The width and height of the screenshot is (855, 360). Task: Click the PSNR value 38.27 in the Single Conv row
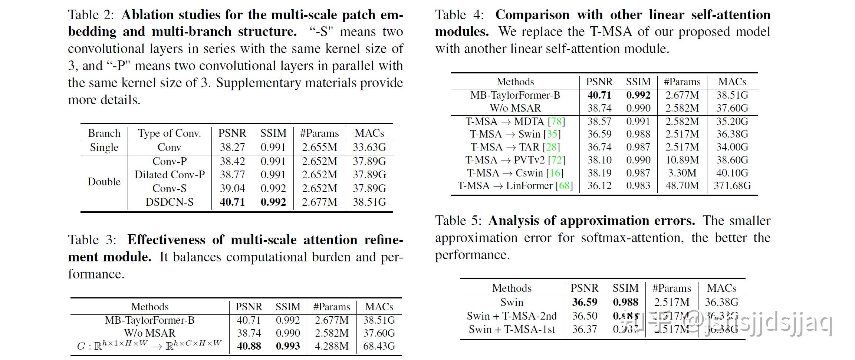(x=232, y=147)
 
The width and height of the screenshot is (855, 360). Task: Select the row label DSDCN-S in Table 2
(x=169, y=202)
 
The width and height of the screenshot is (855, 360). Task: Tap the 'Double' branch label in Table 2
(x=104, y=182)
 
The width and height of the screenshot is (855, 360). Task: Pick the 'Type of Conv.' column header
(x=169, y=133)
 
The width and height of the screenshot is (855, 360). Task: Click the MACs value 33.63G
(x=369, y=147)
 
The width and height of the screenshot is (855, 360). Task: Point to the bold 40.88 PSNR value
(x=249, y=346)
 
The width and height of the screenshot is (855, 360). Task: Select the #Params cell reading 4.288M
(x=332, y=346)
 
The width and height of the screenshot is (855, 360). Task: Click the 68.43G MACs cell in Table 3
(x=379, y=346)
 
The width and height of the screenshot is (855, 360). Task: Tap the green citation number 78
(x=556, y=121)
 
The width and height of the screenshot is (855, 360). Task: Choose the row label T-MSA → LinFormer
(x=515, y=185)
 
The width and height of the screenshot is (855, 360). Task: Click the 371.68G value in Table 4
(x=732, y=185)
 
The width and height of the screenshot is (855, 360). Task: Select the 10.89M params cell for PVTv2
(x=682, y=160)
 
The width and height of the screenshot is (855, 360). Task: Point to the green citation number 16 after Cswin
(x=555, y=173)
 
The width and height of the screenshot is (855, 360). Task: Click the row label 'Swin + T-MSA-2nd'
(x=512, y=316)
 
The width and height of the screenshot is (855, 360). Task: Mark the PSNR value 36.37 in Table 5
(x=584, y=329)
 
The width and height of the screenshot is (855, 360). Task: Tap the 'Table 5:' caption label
(x=458, y=221)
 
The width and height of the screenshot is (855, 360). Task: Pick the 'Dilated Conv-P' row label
(x=169, y=175)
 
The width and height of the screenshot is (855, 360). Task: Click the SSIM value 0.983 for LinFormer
(x=638, y=185)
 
